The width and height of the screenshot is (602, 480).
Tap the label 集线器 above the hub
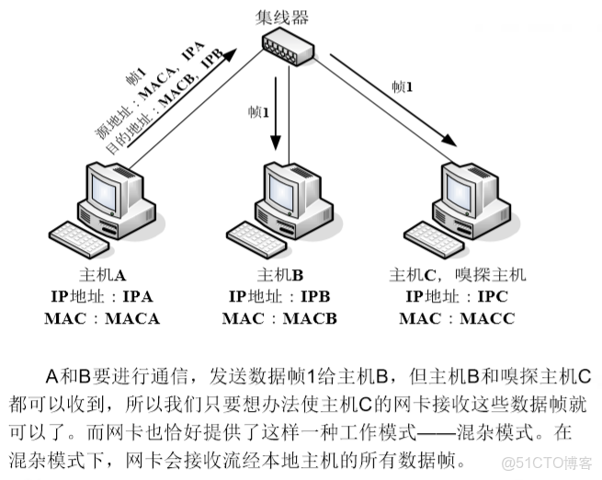pyautogui.click(x=282, y=15)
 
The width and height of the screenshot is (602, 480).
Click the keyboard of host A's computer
pyautogui.click(x=78, y=239)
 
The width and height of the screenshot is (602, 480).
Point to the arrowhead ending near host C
pyautogui.click(x=449, y=140)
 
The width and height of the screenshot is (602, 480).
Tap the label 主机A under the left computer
pyautogui.click(x=101, y=275)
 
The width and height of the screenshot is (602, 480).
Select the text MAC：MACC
pyautogui.click(x=457, y=319)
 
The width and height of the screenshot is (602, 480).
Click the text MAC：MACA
pyautogui.click(x=101, y=319)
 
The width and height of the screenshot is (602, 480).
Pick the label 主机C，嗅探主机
pyautogui.click(x=458, y=275)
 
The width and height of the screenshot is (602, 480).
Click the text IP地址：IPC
pyautogui.click(x=457, y=297)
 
